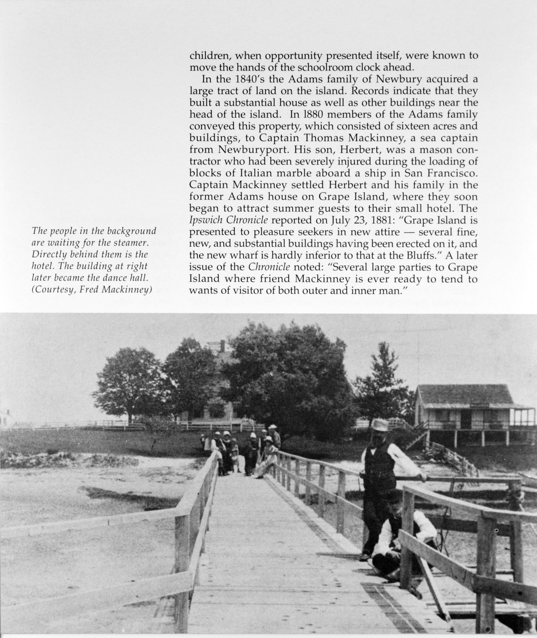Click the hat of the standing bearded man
click(381, 424)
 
